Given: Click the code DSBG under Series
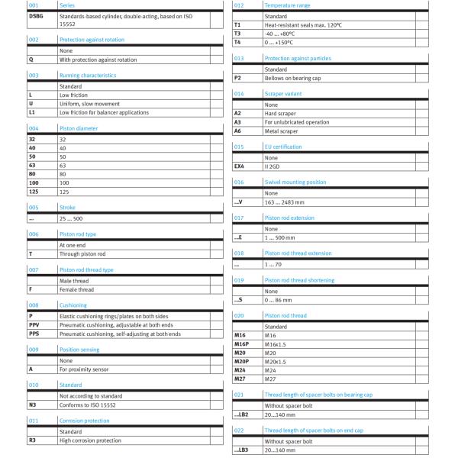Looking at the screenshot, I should pos(36,15).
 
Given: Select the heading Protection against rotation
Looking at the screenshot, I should pos(91,39).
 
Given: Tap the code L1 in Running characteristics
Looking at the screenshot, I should pos(32,112).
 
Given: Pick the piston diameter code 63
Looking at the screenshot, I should pos(32,164).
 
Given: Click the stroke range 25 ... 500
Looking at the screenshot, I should pos(73,218).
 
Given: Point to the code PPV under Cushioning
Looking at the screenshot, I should pos(34,324).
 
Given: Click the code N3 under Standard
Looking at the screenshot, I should pos(33,405).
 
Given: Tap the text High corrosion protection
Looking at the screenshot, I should pos(90,440).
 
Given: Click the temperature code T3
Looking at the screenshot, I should pos(237,33).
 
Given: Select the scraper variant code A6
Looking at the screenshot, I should pos(238,131).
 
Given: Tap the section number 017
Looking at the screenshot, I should pos(239,217).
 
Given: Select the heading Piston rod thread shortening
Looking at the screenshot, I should pos(298,280).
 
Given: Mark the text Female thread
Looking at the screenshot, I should pos(77,289).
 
